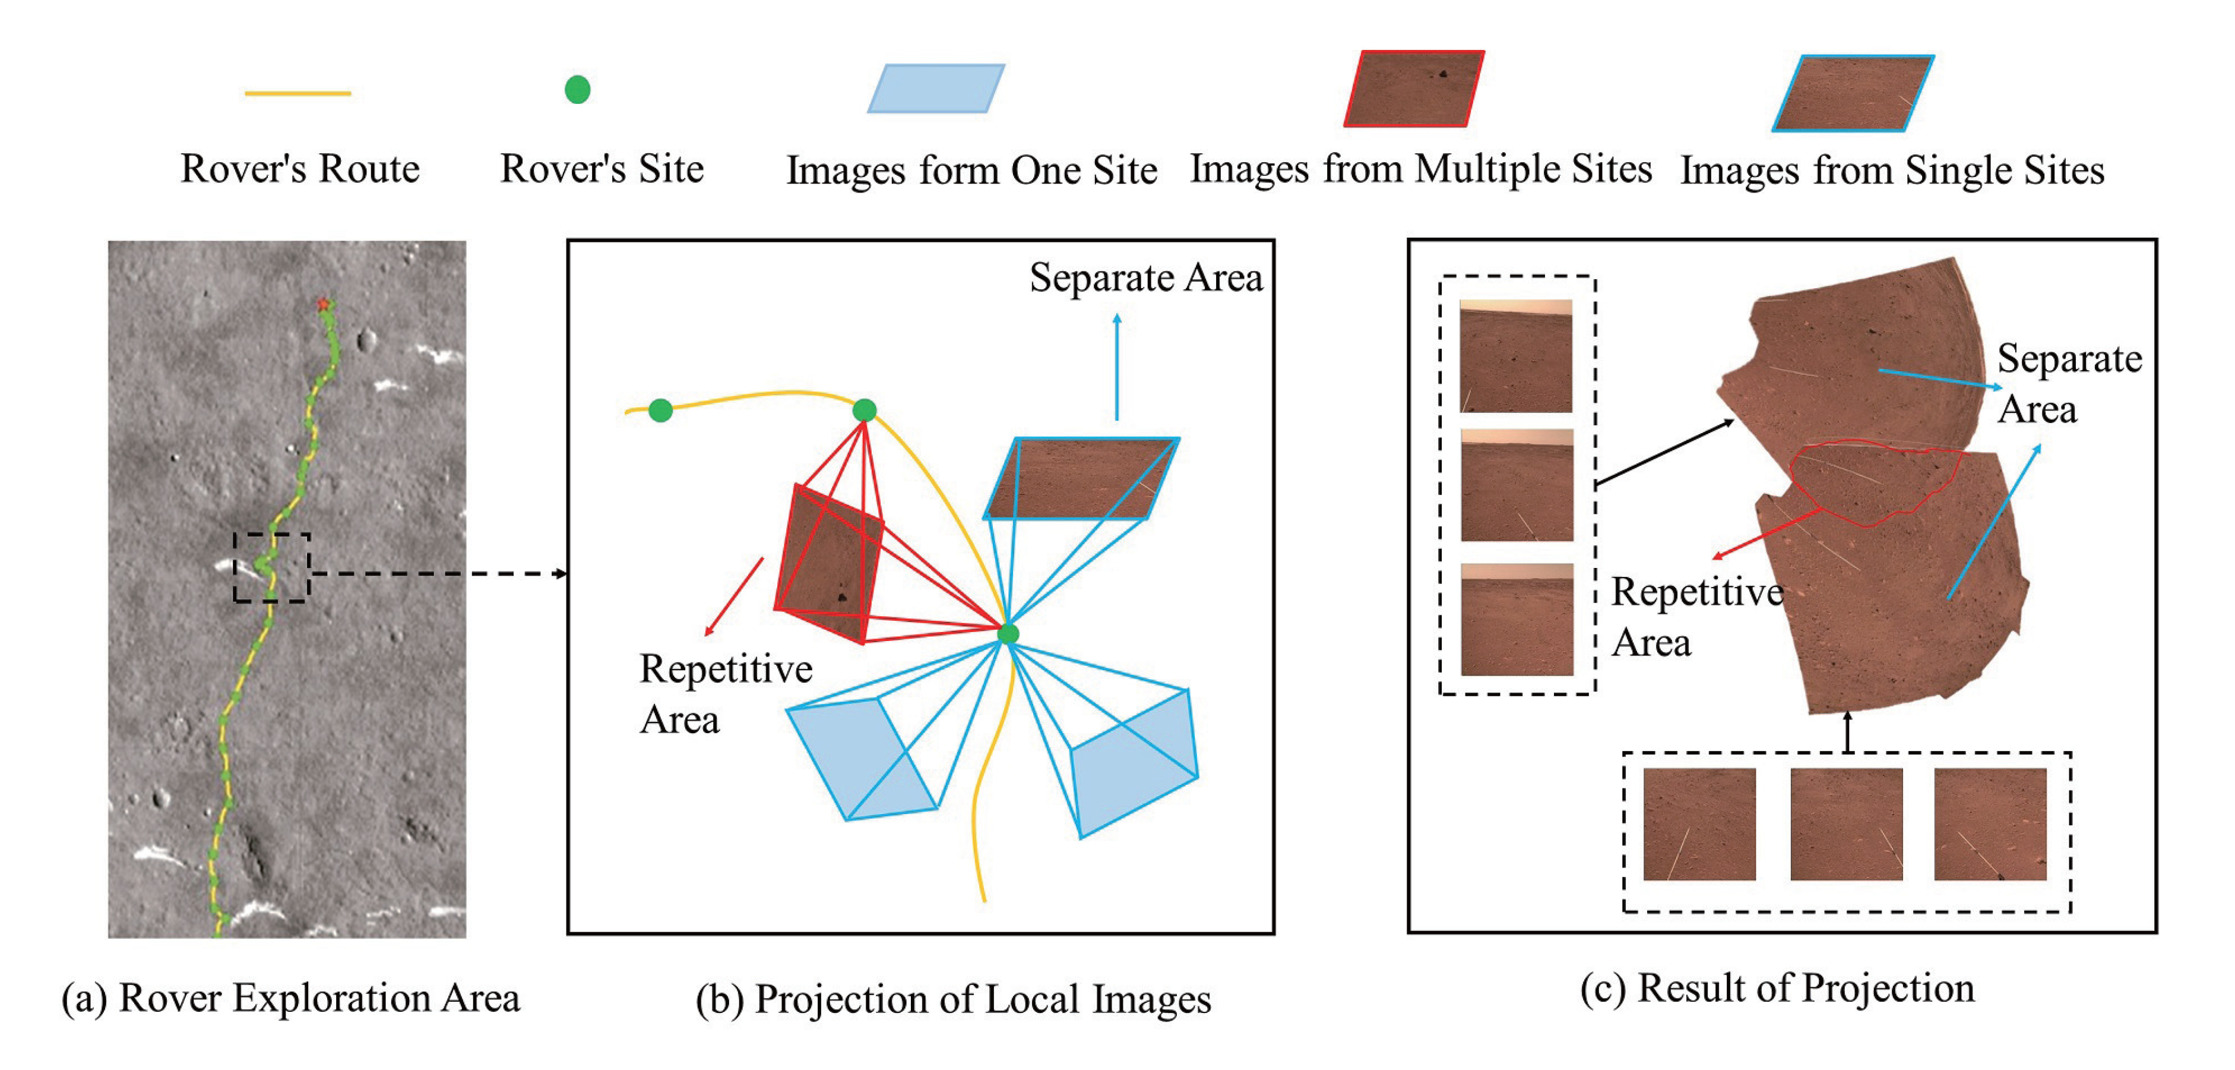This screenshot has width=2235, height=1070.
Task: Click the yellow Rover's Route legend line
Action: point(297,93)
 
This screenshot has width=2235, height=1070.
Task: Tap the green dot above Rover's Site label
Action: point(577,89)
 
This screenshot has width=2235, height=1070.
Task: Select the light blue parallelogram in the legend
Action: point(936,89)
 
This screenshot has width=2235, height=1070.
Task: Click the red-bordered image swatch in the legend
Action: point(1413,89)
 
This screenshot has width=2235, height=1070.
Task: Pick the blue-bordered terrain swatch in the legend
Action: point(1853,93)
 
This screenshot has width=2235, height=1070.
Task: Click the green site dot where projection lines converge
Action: point(1007,635)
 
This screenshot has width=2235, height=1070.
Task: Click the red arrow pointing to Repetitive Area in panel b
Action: point(734,597)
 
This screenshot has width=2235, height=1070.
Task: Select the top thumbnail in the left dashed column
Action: point(1516,356)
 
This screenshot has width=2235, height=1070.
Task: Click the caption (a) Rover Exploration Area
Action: point(290,998)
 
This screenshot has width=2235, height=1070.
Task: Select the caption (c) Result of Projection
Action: point(1777,989)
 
